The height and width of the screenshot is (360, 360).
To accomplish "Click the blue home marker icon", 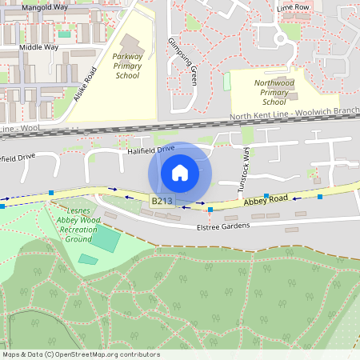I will click(180, 172).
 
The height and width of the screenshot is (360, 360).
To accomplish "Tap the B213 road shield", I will click(162, 202).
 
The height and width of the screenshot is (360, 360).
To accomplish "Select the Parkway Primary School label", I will click(127, 66).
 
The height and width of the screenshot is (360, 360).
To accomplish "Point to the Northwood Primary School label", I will click(274, 92).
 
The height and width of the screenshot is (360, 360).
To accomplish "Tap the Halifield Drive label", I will click(150, 150).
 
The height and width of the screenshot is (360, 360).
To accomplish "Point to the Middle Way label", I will click(38, 47).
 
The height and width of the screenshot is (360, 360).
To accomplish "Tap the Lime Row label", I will click(293, 7).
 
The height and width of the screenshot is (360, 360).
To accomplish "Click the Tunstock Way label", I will click(246, 172).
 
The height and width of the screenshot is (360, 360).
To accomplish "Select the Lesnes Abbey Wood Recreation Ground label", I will click(78, 224).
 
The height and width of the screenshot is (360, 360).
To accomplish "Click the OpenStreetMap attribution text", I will click(81, 354).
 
